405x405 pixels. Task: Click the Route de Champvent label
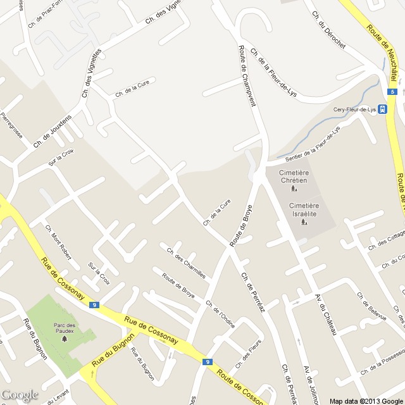point(247,75)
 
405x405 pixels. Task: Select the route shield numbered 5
point(392,92)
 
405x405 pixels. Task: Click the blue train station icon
point(383,109)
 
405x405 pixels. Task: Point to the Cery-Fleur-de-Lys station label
point(354,109)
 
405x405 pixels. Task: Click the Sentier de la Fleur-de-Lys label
point(313,143)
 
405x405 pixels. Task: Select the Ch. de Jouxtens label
point(53,132)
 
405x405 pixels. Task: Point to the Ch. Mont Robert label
point(58,244)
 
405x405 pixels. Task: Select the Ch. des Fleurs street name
point(248,355)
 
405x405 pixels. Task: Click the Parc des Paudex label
point(64,328)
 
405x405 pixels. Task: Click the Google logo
point(20,395)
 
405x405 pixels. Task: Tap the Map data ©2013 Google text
point(365,401)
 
